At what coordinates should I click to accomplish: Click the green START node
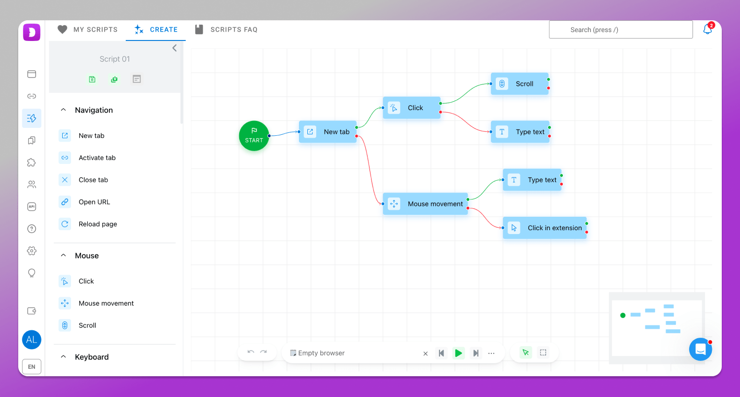pyautogui.click(x=254, y=135)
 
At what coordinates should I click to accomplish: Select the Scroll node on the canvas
pyautogui.click(x=519, y=83)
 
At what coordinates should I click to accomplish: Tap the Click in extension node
pyautogui.click(x=545, y=228)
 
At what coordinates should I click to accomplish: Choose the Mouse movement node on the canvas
pyautogui.click(x=425, y=203)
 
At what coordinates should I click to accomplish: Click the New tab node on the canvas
pyautogui.click(x=328, y=131)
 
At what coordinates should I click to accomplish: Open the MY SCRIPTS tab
pyautogui.click(x=87, y=30)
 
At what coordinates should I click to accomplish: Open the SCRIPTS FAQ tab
pyautogui.click(x=226, y=30)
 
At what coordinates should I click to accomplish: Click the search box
pyautogui.click(x=621, y=30)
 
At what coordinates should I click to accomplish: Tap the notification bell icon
pyautogui.click(x=707, y=29)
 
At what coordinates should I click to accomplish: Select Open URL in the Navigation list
pyautogui.click(x=94, y=201)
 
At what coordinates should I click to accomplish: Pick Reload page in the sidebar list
pyautogui.click(x=98, y=224)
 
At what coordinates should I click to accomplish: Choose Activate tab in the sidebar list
pyautogui.click(x=97, y=158)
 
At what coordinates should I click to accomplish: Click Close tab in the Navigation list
pyautogui.click(x=93, y=180)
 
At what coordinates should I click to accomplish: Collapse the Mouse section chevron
pyautogui.click(x=64, y=255)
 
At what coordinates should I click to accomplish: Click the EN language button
pyautogui.click(x=32, y=366)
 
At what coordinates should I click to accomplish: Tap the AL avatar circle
pyautogui.click(x=32, y=340)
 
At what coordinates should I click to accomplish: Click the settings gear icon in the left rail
pyautogui.click(x=32, y=250)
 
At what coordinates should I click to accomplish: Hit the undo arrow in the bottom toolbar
pyautogui.click(x=251, y=352)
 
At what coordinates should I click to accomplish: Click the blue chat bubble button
pyautogui.click(x=701, y=349)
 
